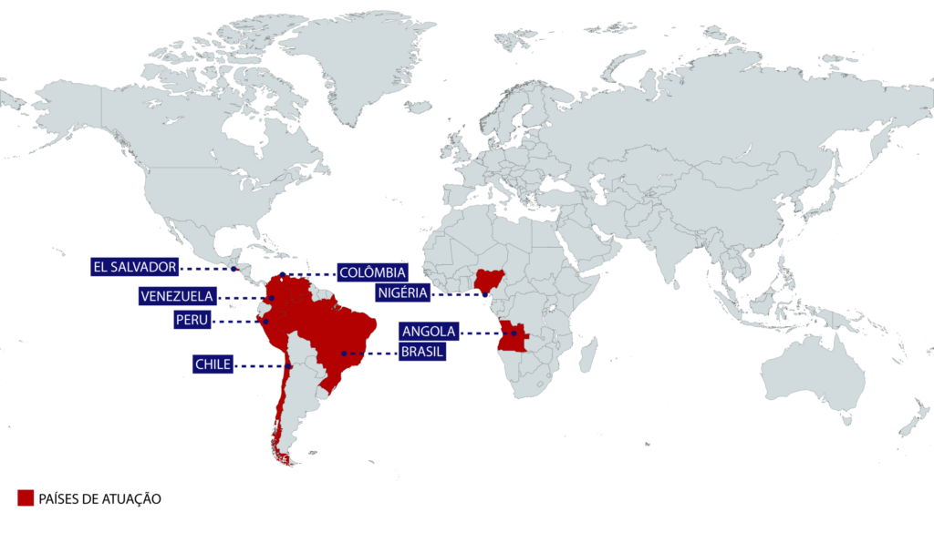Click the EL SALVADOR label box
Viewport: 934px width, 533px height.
point(133,267)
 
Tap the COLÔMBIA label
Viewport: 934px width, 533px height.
point(372,272)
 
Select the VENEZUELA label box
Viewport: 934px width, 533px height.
point(177,296)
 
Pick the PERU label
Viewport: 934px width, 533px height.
point(192,320)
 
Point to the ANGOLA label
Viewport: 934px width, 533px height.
point(428,332)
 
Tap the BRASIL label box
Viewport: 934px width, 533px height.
point(421,352)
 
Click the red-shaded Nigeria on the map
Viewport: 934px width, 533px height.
point(489,281)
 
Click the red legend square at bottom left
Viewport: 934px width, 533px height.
point(26,497)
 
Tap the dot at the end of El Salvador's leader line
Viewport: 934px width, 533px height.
point(234,269)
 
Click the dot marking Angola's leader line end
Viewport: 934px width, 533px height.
point(515,334)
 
